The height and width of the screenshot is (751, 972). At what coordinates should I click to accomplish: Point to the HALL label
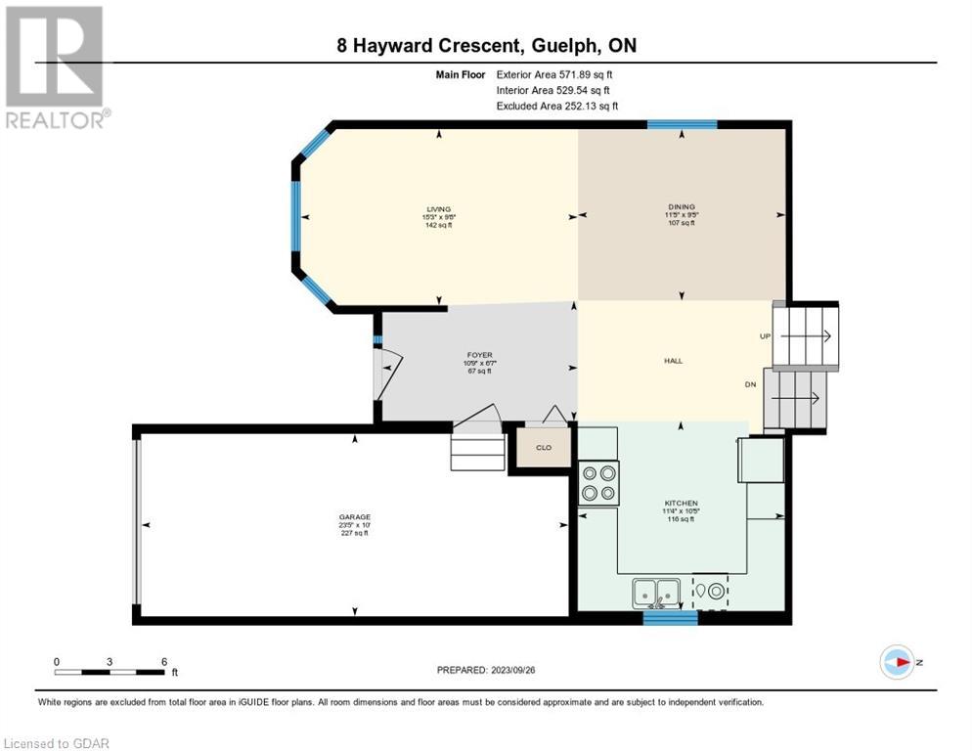click(673, 361)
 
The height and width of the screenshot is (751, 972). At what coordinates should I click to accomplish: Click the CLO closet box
click(542, 447)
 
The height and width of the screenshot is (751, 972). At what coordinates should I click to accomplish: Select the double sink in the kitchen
click(656, 592)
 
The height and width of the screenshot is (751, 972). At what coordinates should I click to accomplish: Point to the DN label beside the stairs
click(751, 384)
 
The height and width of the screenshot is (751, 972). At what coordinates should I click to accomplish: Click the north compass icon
click(897, 662)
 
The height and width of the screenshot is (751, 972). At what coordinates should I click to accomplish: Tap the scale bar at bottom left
click(110, 671)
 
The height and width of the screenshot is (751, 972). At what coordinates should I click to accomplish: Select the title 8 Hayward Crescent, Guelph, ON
click(486, 45)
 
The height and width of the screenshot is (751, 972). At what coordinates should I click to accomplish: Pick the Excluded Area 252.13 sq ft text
click(557, 106)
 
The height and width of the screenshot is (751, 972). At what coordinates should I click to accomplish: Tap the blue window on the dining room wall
click(683, 124)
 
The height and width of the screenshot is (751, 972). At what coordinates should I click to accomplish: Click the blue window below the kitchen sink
click(671, 617)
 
